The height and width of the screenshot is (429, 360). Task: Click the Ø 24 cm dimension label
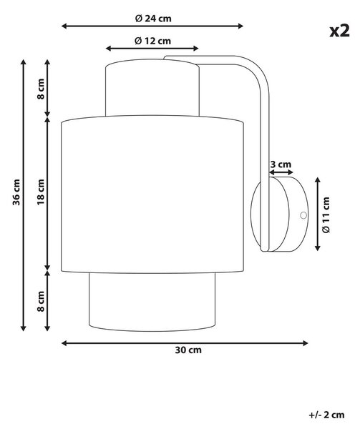153,19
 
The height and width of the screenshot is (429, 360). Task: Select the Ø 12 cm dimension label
152,41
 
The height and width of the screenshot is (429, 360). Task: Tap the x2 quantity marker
339,31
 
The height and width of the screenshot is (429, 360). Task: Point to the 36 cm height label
16,192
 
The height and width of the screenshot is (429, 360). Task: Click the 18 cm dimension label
41,192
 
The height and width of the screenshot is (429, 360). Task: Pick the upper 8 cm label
41,89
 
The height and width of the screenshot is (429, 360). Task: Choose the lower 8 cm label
41,301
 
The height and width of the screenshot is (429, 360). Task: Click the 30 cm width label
188,350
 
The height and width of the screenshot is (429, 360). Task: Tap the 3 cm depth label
281,164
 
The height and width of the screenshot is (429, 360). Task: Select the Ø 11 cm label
326,214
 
